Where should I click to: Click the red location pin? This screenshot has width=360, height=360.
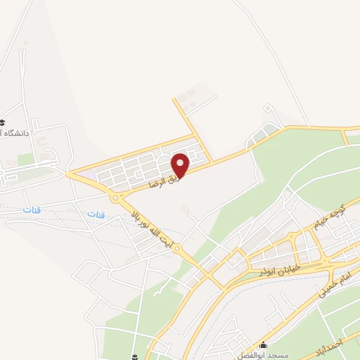click(x=181, y=166)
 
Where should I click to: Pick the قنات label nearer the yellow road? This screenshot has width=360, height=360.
click(x=94, y=212)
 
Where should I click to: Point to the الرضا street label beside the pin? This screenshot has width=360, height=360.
click(x=162, y=181)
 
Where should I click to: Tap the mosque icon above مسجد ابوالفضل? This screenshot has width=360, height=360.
click(x=264, y=345)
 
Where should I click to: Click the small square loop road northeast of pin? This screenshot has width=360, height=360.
click(x=268, y=109)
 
